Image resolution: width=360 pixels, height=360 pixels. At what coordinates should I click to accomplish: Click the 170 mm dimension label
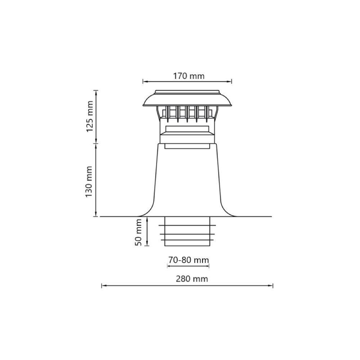pyautogui.click(x=189, y=76)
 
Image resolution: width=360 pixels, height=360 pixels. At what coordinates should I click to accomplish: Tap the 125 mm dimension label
pyautogui.click(x=90, y=116)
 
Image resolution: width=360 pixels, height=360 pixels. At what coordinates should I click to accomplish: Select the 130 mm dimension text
pyautogui.click(x=89, y=181)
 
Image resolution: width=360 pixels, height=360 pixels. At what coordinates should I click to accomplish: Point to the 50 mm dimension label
pyautogui.click(x=138, y=232)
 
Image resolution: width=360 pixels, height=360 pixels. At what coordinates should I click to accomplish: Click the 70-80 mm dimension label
pyautogui.click(x=189, y=260)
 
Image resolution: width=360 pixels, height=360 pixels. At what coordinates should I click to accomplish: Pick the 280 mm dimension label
pyautogui.click(x=192, y=279)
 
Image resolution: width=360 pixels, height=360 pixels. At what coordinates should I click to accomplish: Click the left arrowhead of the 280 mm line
pyautogui.click(x=103, y=285)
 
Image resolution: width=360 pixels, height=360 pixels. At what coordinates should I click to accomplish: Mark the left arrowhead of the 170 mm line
pyautogui.click(x=145, y=81)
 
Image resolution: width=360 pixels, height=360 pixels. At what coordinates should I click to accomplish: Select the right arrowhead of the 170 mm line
pyautogui.click(x=230, y=81)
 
